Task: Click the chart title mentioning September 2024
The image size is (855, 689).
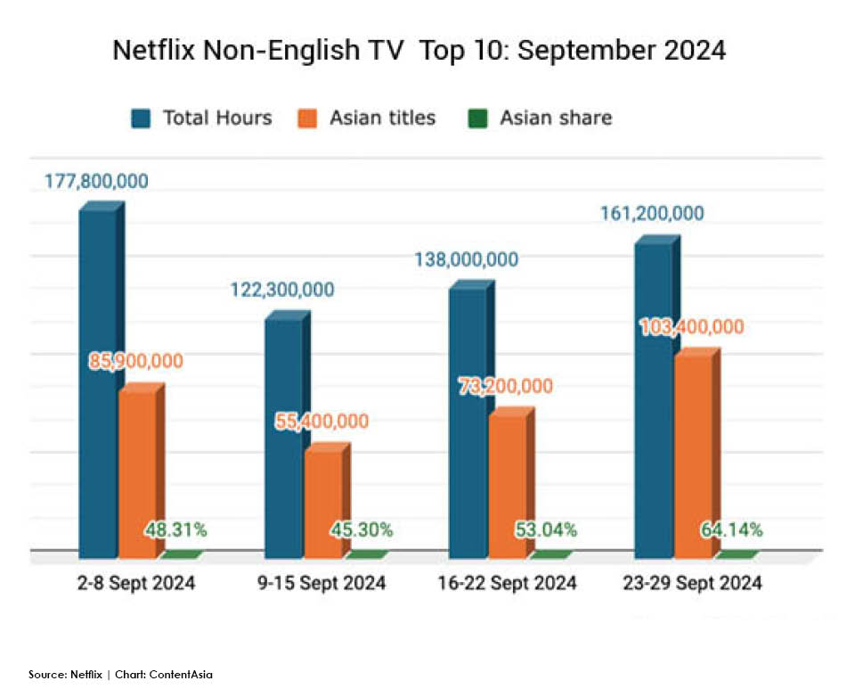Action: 419,51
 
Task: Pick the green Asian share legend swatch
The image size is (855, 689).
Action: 478,119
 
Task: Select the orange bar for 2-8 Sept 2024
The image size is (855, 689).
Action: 137,472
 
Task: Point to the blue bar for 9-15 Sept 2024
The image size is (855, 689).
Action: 283,437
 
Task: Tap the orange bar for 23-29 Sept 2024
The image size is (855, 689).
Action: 693,455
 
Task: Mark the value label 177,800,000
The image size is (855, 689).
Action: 97,182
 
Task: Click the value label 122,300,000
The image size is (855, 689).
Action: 282,290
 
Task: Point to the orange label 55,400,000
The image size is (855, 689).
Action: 322,422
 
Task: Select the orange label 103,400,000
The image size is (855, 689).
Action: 692,327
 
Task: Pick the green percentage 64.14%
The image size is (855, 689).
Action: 731,530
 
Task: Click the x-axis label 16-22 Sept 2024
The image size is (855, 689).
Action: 508,585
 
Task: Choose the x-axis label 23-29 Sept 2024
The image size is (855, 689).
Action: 693,585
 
